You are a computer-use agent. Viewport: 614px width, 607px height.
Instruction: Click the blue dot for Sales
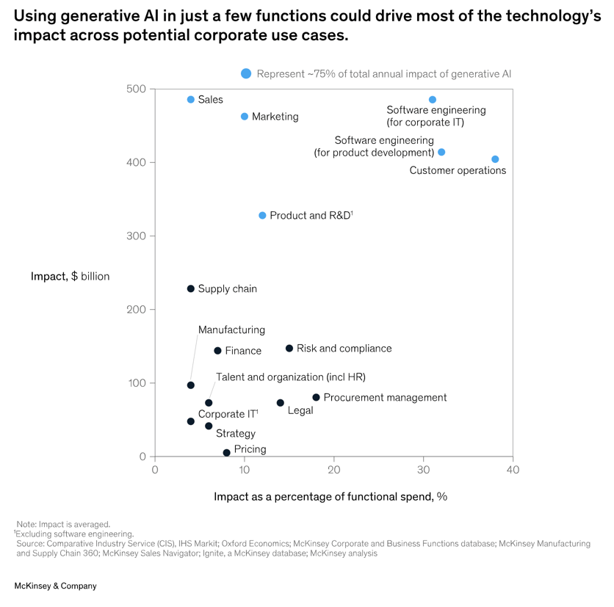pyautogui.click(x=191, y=100)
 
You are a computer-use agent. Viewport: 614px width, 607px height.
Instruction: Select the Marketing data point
pyautogui.click(x=245, y=117)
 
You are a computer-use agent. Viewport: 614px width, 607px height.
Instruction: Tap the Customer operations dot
pyautogui.click(x=495, y=159)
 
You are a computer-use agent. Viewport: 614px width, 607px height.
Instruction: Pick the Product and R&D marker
pyautogui.click(x=262, y=216)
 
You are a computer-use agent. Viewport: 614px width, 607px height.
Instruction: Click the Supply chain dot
pyautogui.click(x=191, y=289)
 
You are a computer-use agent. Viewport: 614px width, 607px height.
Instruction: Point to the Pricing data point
pyautogui.click(x=226, y=453)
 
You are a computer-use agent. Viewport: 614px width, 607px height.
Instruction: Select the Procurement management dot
pyautogui.click(x=316, y=397)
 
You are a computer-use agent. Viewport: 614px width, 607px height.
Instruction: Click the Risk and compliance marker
pyautogui.click(x=289, y=349)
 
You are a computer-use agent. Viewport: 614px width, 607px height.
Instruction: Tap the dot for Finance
pyautogui.click(x=217, y=351)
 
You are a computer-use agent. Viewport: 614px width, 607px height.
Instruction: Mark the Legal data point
pyautogui.click(x=280, y=403)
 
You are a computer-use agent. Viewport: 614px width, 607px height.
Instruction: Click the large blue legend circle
pyautogui.click(x=246, y=73)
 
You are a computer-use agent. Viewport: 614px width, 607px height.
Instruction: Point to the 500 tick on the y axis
pyautogui.click(x=136, y=89)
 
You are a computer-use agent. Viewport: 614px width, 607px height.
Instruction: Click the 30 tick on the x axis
pyautogui.click(x=423, y=470)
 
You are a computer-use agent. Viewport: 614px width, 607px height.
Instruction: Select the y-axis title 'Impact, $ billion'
pyautogui.click(x=70, y=277)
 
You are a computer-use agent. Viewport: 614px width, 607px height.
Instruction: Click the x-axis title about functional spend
pyautogui.click(x=330, y=497)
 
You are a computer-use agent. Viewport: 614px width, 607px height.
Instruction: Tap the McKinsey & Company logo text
pyautogui.click(x=56, y=586)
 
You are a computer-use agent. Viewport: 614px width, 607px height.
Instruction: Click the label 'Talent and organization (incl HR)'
pyautogui.click(x=290, y=377)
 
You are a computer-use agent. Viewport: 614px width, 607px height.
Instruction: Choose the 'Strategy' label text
pyautogui.click(x=235, y=434)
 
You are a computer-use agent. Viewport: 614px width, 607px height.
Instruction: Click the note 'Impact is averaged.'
pyautogui.click(x=63, y=524)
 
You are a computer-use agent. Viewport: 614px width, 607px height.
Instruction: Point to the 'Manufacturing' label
pyautogui.click(x=231, y=330)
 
